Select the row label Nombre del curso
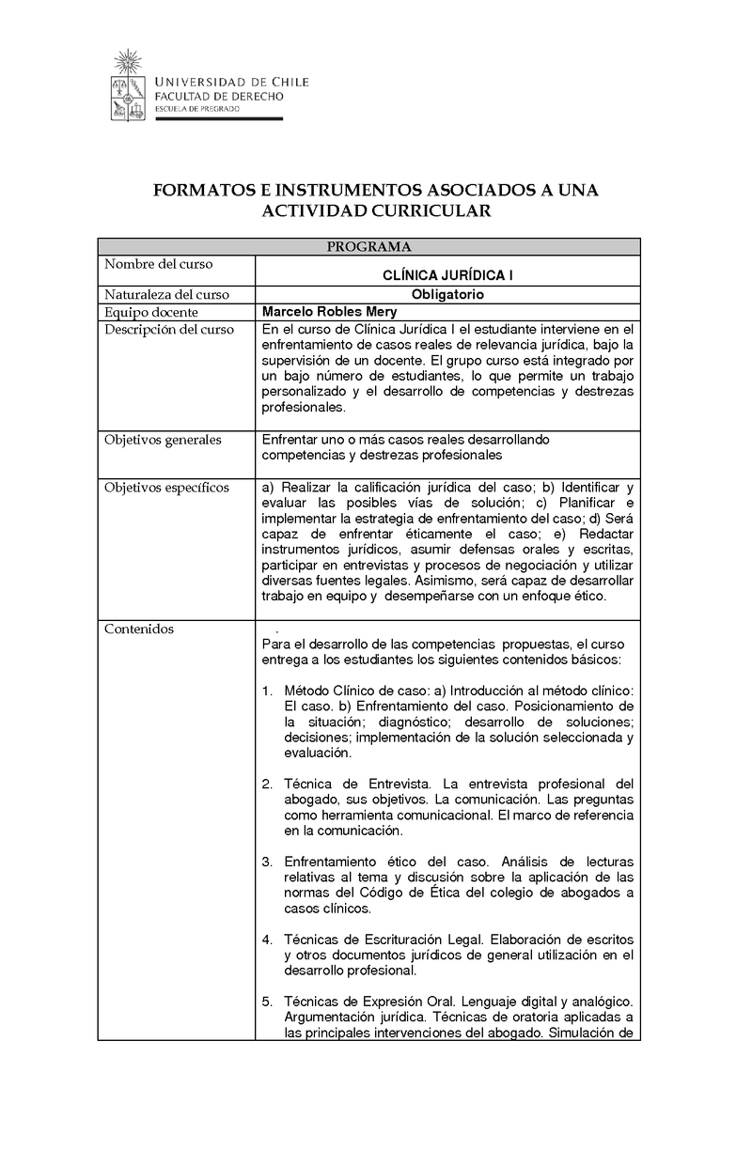coord(159,264)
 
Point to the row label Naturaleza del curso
coord(167,294)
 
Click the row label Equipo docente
coord(151,312)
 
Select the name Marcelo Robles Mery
coord(329,312)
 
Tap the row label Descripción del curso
coord(169,330)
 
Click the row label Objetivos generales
coord(163,439)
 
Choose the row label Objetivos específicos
coord(166,488)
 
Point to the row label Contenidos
coord(139,629)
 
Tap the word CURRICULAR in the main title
coord(437,211)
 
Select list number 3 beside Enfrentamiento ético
coord(267,862)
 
